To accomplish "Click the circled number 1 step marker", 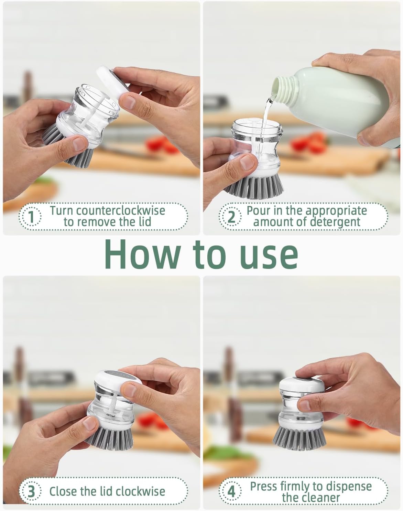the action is (31, 216).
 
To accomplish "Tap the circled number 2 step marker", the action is (231, 216).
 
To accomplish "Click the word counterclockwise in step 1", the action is (121, 210).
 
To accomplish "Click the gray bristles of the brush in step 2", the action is (254, 187).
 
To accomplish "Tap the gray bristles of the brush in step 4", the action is (299, 438).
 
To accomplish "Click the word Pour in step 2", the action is (258, 210).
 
